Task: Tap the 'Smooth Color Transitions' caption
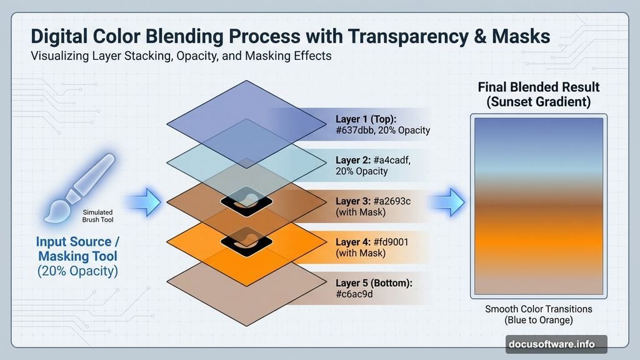(539, 309)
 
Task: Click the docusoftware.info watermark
(556, 343)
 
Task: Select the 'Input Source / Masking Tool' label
(77, 249)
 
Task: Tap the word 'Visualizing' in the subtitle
(62, 56)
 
